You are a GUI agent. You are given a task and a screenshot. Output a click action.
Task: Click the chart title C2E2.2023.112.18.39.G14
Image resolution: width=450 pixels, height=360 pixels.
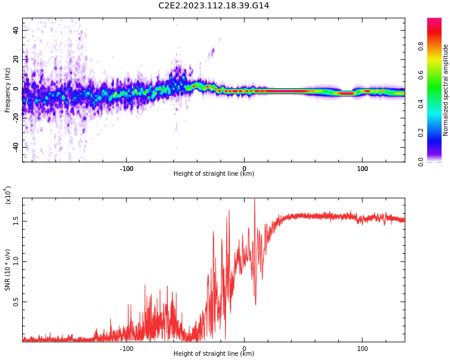point(214,5)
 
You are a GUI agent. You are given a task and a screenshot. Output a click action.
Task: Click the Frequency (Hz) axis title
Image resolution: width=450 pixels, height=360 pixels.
point(7,90)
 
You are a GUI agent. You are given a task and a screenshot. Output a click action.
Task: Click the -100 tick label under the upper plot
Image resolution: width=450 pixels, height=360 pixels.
point(126,169)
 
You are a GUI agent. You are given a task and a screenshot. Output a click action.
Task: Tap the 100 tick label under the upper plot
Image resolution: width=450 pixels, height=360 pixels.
point(362,169)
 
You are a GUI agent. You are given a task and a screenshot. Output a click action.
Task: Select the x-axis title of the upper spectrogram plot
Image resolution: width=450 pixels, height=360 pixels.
point(214,174)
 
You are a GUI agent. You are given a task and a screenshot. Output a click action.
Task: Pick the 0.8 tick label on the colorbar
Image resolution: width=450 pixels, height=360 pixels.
point(421,46)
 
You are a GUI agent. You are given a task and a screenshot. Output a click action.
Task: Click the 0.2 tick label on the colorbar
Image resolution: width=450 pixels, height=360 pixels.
point(421,133)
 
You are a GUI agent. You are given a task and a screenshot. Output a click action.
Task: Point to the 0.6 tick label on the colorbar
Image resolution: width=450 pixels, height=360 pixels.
point(421,75)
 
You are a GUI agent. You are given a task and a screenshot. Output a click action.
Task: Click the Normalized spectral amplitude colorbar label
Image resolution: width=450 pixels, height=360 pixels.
point(446,90)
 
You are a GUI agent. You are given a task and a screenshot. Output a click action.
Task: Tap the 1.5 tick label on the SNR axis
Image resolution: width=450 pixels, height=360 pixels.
point(16,221)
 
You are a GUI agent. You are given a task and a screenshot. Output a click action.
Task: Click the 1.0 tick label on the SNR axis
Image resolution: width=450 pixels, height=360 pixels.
point(16,261)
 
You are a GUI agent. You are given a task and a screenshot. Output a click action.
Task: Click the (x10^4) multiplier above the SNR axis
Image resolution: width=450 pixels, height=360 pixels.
point(8,195)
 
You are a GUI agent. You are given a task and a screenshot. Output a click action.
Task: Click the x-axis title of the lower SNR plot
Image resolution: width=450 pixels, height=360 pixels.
point(214,354)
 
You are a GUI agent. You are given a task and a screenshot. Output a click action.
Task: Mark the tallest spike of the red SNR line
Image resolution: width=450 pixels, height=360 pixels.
point(254,200)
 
